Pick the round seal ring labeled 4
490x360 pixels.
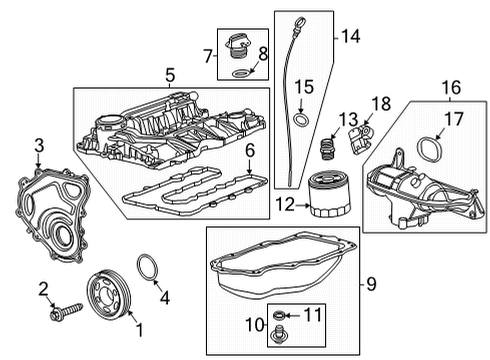point(146,270)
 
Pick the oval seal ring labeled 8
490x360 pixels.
point(240,73)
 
